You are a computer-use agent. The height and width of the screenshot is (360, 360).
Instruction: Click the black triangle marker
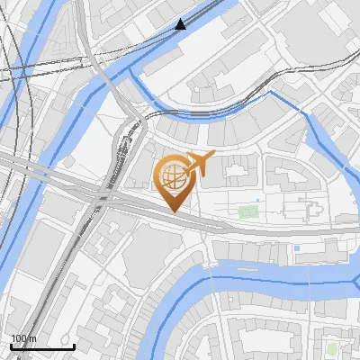pos(181,24)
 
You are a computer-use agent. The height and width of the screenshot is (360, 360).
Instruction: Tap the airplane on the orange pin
pos(199,165)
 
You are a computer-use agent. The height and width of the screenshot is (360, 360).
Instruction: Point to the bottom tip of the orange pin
pos(172,211)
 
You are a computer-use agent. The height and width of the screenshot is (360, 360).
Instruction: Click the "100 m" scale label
pos(23,338)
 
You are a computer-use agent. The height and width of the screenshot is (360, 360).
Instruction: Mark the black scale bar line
pos(42,346)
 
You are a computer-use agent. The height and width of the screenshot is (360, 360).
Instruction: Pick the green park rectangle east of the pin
pos(247,212)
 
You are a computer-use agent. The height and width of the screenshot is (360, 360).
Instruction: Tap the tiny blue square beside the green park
pos(257,200)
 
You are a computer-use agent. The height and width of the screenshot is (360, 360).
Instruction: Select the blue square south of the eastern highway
pos(296,247)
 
